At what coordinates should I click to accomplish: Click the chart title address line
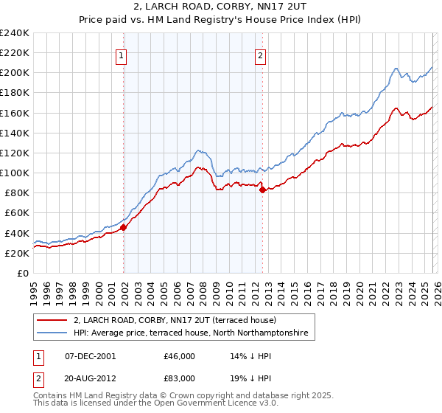pyautogui.click(x=220, y=7)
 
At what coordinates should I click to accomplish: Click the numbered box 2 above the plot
pyautogui.click(x=261, y=54)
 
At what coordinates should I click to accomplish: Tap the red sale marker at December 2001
pyautogui.click(x=124, y=227)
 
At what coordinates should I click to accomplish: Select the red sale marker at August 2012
pyautogui.click(x=263, y=190)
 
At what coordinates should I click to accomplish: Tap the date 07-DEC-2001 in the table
pyautogui.click(x=91, y=356)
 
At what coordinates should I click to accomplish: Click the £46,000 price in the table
pyautogui.click(x=179, y=356)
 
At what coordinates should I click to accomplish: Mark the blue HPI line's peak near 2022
pyautogui.click(x=396, y=69)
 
